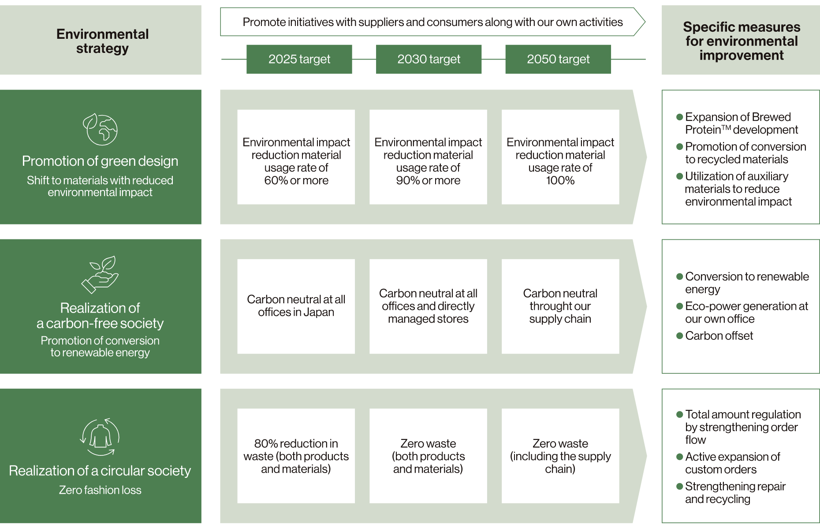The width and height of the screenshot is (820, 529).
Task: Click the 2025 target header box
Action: [x=299, y=59]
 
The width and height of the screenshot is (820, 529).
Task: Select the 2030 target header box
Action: [x=429, y=59]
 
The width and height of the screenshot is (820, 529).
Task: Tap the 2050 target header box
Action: [x=558, y=59]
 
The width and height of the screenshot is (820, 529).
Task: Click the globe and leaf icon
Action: [x=101, y=129]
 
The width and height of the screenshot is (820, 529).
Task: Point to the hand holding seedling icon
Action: [x=100, y=274]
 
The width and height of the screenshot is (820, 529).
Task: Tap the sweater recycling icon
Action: [x=100, y=437]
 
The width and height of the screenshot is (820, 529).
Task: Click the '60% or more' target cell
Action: [x=296, y=157]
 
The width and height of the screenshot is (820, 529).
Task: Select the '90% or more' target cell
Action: [x=428, y=157]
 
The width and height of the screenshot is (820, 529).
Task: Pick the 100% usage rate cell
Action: [x=560, y=157]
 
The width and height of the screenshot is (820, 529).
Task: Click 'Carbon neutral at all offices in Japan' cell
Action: [x=296, y=306]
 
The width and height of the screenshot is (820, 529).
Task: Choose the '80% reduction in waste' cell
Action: [x=296, y=456]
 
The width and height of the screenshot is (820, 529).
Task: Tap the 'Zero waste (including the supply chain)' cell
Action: [x=560, y=456]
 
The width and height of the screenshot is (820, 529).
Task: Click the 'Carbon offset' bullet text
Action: [x=719, y=336]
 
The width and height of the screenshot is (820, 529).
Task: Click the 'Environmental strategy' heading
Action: [x=102, y=41]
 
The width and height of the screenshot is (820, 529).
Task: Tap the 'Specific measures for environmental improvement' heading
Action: [x=742, y=41]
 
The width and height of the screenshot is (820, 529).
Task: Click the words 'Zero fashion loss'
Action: [x=100, y=490]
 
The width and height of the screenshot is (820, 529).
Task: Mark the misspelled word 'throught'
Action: [x=560, y=306]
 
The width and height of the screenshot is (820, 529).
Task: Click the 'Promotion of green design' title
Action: [x=100, y=161]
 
